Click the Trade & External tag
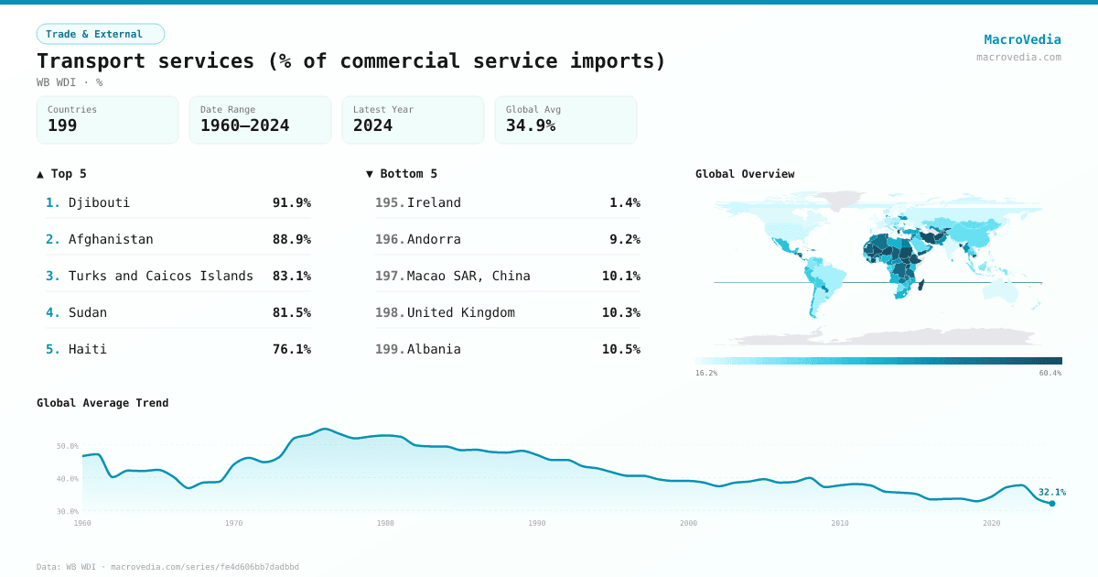click(100, 34)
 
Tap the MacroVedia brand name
click(1022, 39)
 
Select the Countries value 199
click(62, 126)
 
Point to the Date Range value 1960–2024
click(244, 126)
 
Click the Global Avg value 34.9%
click(531, 126)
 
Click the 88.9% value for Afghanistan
click(291, 239)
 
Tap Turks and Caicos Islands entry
click(160, 276)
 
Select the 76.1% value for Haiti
click(291, 349)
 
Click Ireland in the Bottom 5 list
click(434, 202)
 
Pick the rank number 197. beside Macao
click(390, 276)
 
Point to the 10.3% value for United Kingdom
click(620, 312)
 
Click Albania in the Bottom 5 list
click(434, 349)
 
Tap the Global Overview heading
click(744, 174)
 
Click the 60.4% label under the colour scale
click(1050, 374)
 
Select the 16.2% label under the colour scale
click(706, 374)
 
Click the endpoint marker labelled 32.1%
click(1051, 503)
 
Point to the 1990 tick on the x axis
click(536, 523)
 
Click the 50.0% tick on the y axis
click(68, 446)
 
